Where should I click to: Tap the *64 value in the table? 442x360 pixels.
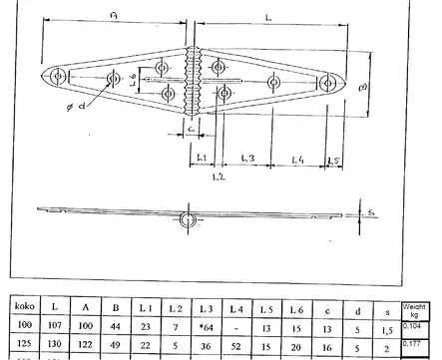tap(208, 326)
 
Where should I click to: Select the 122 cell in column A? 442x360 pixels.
tap(87, 345)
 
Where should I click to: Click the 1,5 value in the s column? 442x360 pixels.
tap(387, 326)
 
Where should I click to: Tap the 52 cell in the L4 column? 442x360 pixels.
tap(235, 345)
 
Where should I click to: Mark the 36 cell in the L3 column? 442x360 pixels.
tap(208, 345)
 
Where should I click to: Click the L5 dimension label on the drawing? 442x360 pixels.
tap(333, 159)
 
